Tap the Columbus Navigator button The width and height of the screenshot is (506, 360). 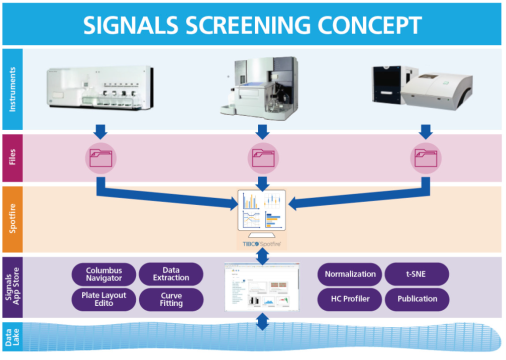104,274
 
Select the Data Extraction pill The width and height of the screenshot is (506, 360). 171,274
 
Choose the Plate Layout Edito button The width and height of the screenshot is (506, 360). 104,299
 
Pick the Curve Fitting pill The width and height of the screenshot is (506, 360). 171,299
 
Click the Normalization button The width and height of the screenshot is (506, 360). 350,274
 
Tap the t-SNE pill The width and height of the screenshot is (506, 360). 417,274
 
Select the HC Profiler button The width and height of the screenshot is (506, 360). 350,299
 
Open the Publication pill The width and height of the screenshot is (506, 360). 417,299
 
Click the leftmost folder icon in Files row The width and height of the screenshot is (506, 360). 101,158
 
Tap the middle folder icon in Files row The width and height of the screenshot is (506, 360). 262,158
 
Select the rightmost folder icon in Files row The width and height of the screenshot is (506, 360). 425,158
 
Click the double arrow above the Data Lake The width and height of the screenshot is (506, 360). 262,322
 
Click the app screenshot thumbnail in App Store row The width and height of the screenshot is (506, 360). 262,288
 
